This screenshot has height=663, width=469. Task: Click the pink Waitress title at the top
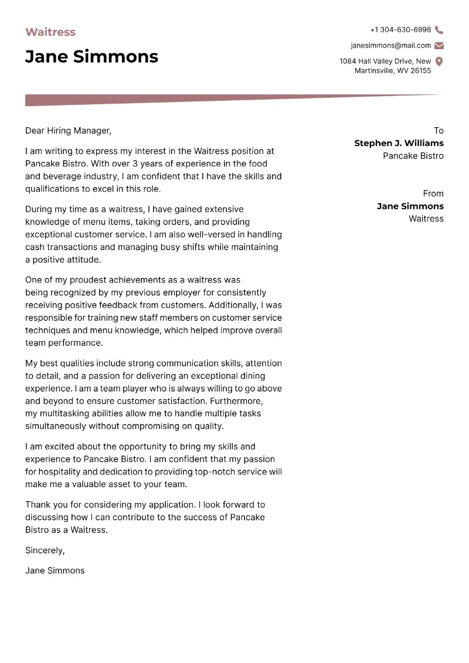50,32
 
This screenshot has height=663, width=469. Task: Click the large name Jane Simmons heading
91,56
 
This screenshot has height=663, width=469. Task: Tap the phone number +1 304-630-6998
400,30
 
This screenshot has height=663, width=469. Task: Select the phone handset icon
439,30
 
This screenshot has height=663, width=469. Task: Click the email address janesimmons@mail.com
390,46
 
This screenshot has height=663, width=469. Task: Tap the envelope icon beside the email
439,46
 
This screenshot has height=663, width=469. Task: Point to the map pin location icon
439,62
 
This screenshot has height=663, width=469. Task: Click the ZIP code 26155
420,71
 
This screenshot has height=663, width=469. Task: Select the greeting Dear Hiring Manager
68,131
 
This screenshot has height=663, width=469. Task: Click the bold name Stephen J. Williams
399,143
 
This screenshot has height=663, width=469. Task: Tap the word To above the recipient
439,131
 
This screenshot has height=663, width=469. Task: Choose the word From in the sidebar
433,193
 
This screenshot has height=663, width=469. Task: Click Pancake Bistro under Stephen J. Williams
413,156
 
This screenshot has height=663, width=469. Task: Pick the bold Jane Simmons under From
410,206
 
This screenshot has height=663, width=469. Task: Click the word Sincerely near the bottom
45,550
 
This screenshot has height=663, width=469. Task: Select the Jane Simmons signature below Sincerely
55,570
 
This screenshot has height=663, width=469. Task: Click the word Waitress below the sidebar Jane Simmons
426,219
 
